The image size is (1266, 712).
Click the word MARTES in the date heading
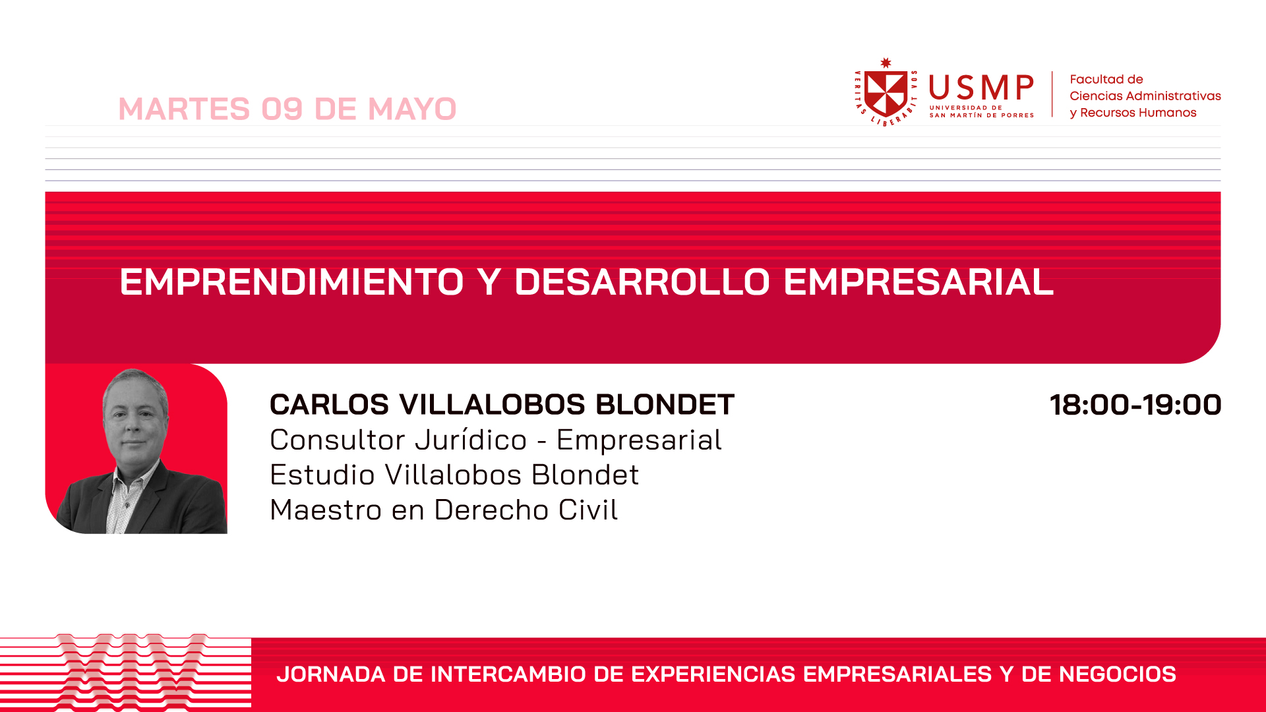tap(185, 109)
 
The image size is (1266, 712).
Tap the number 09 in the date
tap(282, 109)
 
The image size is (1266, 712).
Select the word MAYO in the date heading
tap(412, 109)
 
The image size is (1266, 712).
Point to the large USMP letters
tap(981, 88)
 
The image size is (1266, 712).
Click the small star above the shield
tap(886, 63)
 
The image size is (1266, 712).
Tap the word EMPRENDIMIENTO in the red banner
tap(292, 282)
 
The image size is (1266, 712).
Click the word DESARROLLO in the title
tap(642, 282)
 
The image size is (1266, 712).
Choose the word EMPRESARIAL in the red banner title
tap(919, 282)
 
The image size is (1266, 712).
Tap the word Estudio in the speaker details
tap(322, 475)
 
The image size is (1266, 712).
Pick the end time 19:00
tap(1182, 405)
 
